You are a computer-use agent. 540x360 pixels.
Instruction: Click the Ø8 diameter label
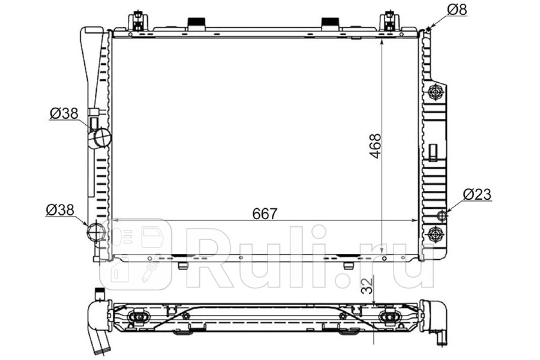[457, 10]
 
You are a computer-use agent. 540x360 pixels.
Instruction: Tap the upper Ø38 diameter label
[64, 113]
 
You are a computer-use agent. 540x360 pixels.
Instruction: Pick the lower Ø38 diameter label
[60, 210]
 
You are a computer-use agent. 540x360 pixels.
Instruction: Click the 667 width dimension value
[265, 214]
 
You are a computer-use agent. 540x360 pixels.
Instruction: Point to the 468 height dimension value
[376, 146]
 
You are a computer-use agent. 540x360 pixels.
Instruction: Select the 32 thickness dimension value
[367, 286]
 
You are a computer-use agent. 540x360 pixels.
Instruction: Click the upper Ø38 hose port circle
[103, 138]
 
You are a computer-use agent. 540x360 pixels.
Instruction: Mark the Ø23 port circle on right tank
[442, 215]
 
